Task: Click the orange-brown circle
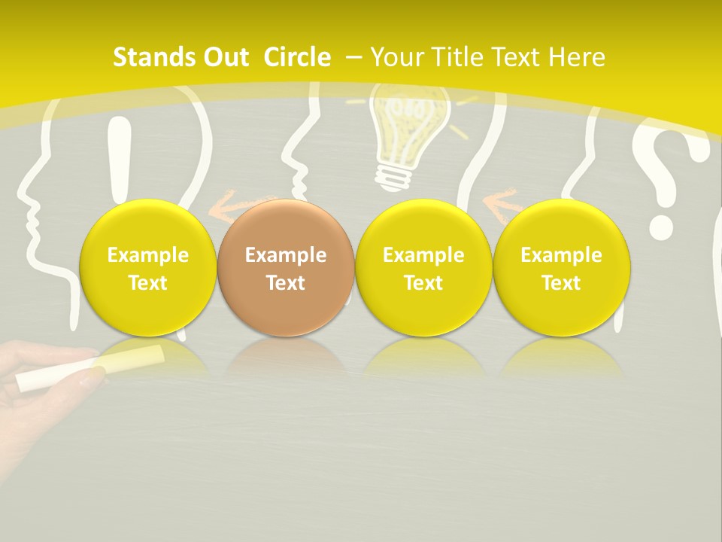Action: [285, 267]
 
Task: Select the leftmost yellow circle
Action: [147, 267]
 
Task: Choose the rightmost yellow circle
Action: [561, 267]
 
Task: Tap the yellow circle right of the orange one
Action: [423, 267]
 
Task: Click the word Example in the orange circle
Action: [285, 255]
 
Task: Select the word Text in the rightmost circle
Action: [561, 282]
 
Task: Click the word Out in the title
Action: [223, 57]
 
